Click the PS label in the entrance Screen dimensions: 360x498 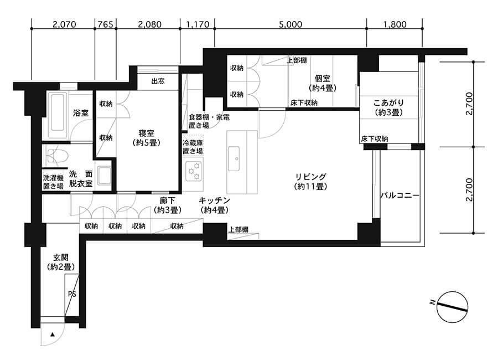coord(72,294)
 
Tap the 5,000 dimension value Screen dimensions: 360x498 coord(290,24)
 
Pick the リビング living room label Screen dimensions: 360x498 coord(310,182)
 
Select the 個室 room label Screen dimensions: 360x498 coord(323,83)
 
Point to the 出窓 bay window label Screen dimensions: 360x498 coord(158,81)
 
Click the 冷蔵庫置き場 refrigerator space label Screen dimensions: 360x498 coord(193,147)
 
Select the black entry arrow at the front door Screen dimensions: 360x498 coord(52,335)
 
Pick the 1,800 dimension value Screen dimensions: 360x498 coord(394,24)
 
